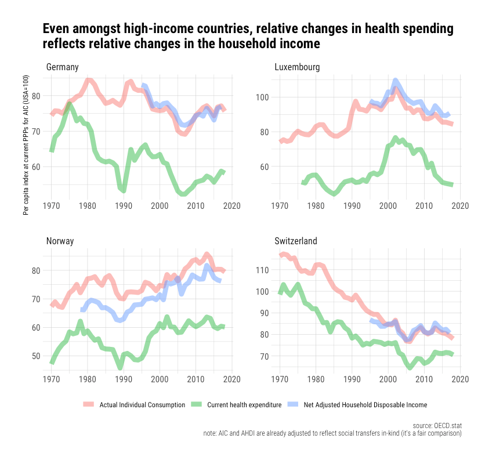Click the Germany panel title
(x=62, y=67)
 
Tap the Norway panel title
(x=60, y=241)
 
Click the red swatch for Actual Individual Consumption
(x=89, y=404)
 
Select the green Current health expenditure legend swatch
(x=197, y=404)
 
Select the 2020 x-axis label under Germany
(x=232, y=206)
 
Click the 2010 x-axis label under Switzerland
(x=424, y=379)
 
